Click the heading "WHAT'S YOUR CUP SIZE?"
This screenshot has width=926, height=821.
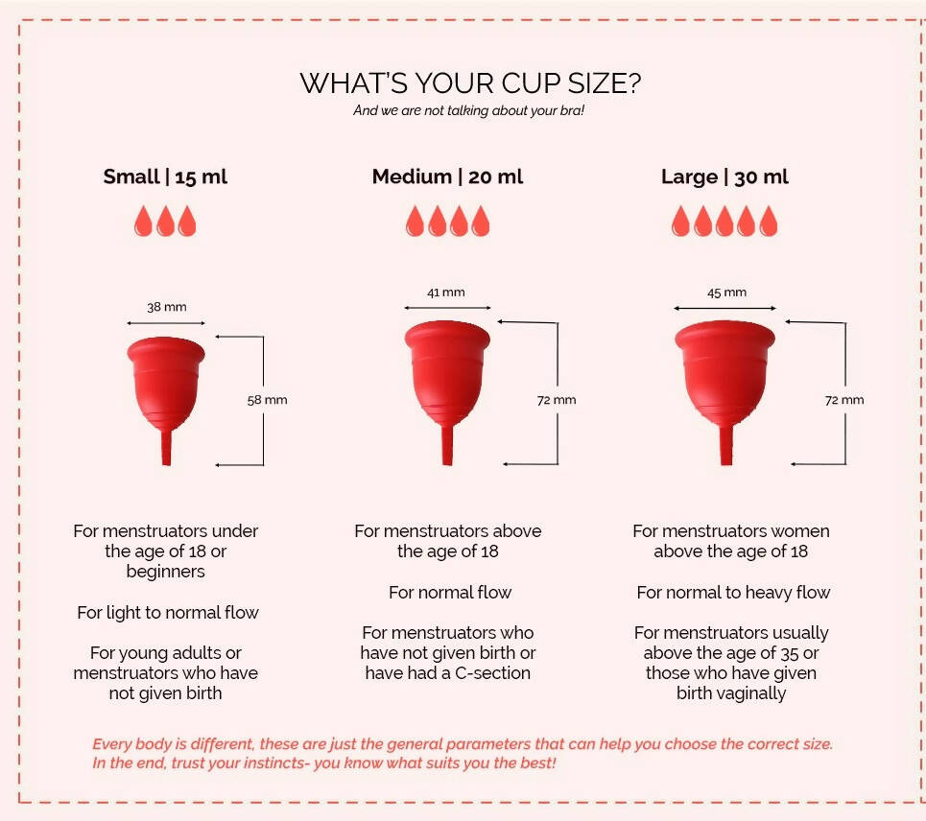click(470, 83)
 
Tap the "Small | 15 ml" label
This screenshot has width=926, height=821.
click(165, 176)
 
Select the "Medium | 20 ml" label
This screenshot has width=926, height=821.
click(447, 176)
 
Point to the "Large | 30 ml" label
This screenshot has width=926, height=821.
click(724, 176)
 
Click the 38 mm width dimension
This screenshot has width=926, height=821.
click(167, 307)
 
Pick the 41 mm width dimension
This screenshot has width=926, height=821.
click(446, 293)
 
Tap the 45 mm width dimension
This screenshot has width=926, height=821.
click(726, 293)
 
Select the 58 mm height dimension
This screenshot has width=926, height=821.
click(268, 400)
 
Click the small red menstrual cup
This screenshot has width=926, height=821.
click(166, 384)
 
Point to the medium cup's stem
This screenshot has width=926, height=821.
click(447, 445)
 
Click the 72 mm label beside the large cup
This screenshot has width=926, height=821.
click(844, 400)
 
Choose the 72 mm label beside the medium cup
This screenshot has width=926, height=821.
click(557, 400)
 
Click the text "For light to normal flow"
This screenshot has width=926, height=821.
click(168, 612)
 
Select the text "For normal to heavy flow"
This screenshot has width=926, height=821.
click(733, 593)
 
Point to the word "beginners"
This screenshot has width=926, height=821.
click(166, 572)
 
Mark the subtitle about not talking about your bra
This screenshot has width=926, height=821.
click(469, 110)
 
